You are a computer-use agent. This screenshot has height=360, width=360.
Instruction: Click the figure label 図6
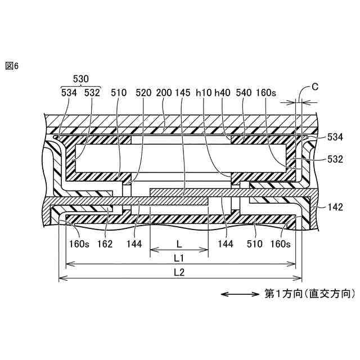point(12,66)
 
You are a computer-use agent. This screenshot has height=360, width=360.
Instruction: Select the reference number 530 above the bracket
point(82,80)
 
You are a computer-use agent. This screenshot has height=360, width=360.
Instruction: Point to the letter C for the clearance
point(315,87)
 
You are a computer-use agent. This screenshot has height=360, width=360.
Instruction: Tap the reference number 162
point(105,244)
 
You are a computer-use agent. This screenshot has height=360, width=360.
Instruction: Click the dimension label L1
point(179,258)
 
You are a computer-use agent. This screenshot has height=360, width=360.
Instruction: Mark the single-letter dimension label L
point(179,244)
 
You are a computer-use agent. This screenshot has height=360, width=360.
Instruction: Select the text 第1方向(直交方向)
point(310,294)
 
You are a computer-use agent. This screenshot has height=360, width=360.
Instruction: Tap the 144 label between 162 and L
point(134,244)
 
